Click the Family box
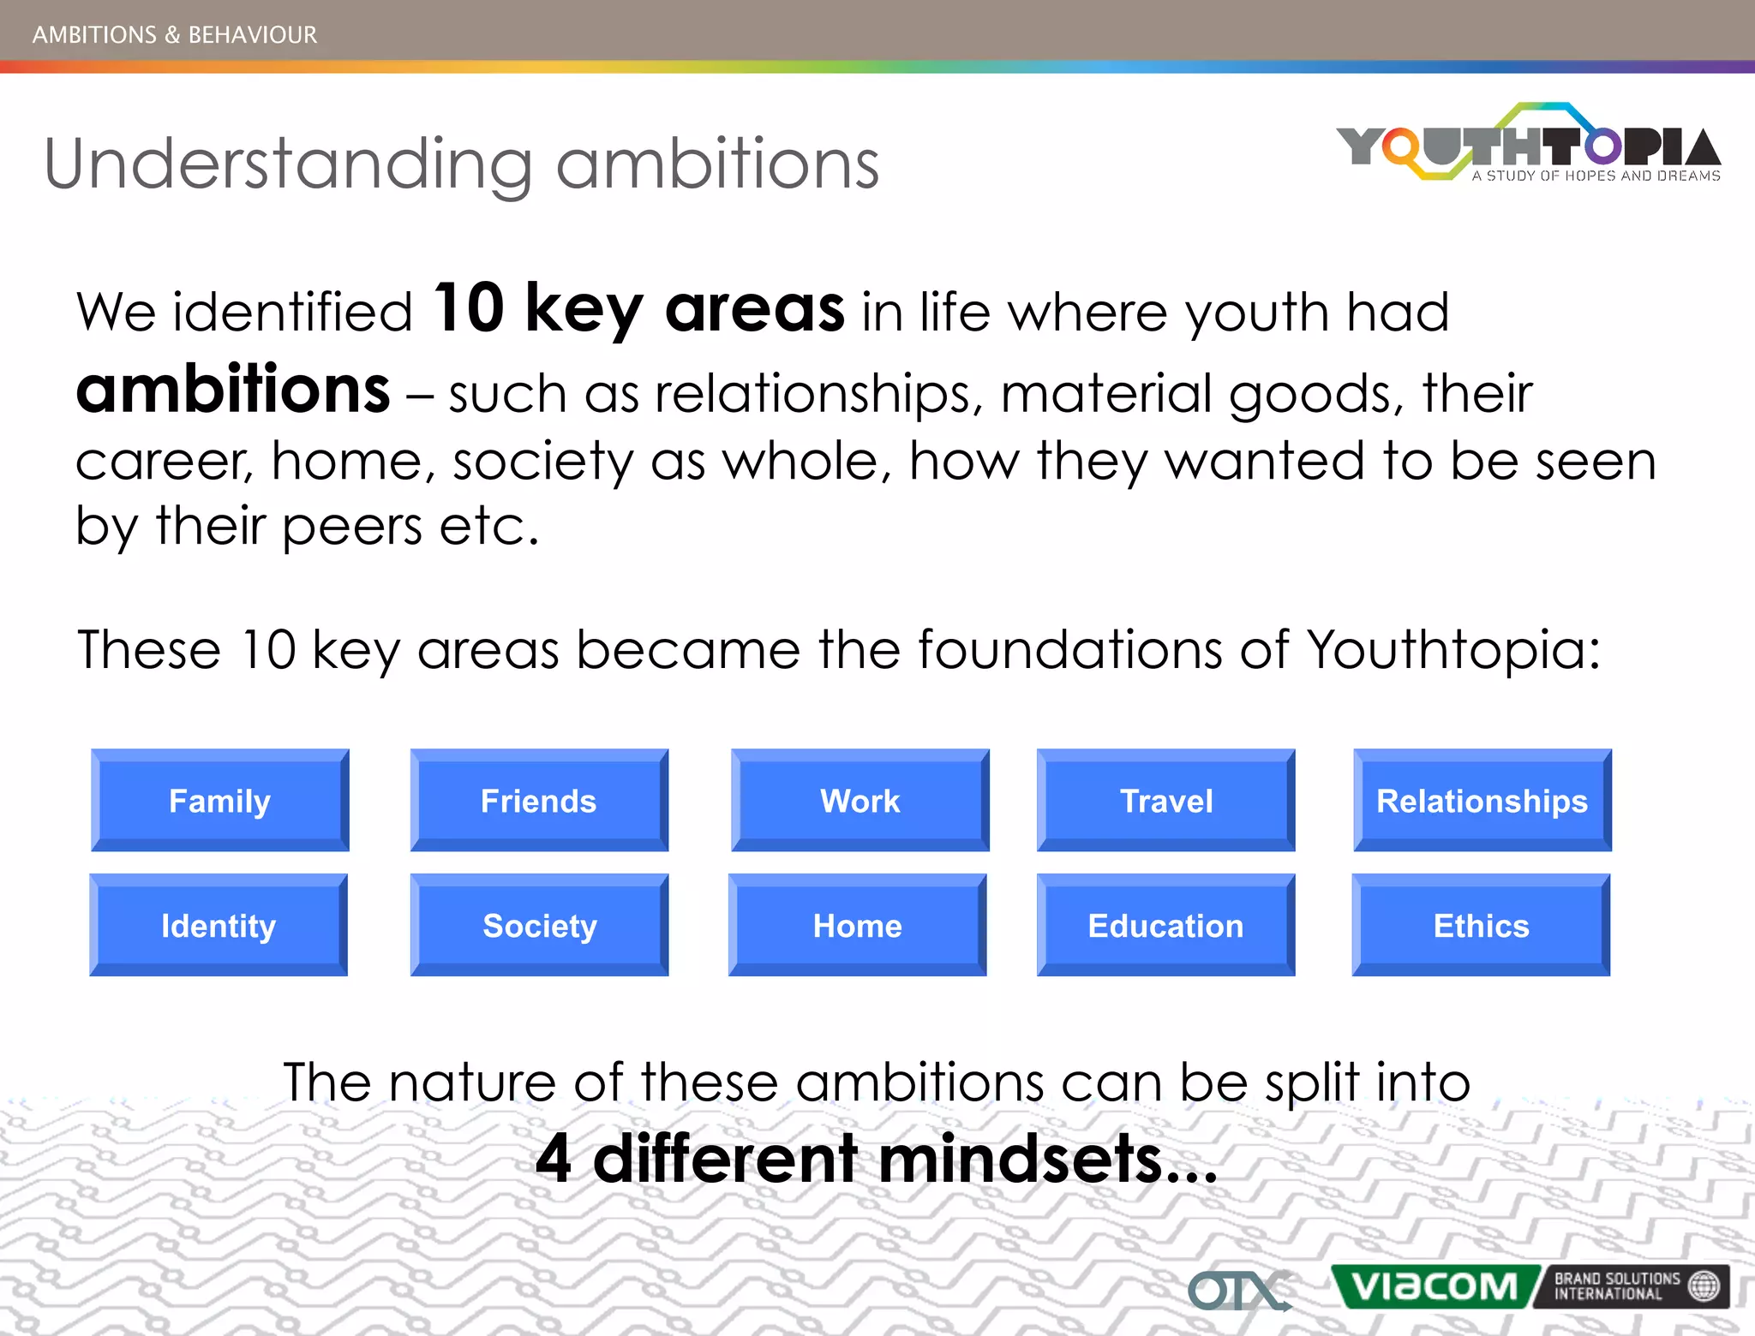[x=220, y=801]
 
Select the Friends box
[x=539, y=801]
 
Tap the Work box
[x=860, y=801]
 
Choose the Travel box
[x=1165, y=801]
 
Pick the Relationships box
[x=1482, y=801]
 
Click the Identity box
[x=219, y=925]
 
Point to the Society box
[x=539, y=925]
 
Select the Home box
[x=857, y=925]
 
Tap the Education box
[x=1165, y=925]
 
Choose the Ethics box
[x=1481, y=925]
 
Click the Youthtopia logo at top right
[x=1529, y=146]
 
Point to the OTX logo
[x=1237, y=1290]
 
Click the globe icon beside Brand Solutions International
[x=1704, y=1285]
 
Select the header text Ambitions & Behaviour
[x=175, y=34]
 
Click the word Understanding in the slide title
[x=288, y=164]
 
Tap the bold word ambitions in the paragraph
[x=233, y=390]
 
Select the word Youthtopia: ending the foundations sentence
[x=1453, y=649]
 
